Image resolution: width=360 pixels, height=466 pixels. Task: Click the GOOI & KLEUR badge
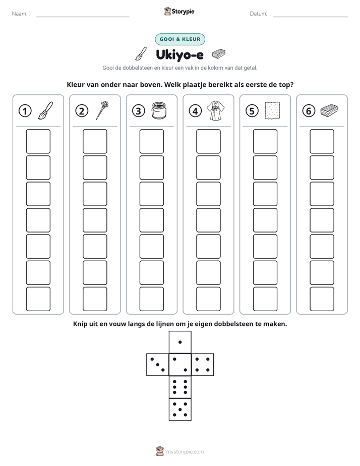pyautogui.click(x=179, y=39)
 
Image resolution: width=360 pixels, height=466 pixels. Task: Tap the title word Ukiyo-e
pyautogui.click(x=179, y=55)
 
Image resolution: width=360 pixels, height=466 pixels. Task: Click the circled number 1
pyautogui.click(x=25, y=111)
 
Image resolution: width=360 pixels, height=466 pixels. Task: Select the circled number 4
pyautogui.click(x=195, y=111)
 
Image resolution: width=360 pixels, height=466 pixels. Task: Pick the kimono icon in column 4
pyautogui.click(x=216, y=110)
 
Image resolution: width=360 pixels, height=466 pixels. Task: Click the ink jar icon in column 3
pyautogui.click(x=159, y=110)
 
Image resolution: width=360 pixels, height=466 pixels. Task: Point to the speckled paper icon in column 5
pyautogui.click(x=272, y=110)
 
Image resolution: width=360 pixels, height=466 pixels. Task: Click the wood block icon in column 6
pyautogui.click(x=329, y=110)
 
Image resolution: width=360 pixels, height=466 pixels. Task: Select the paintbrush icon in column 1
pyautogui.click(x=45, y=110)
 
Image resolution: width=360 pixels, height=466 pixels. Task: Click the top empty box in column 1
pyautogui.click(x=38, y=141)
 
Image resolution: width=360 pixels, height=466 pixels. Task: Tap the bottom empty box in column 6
pyautogui.click(x=322, y=299)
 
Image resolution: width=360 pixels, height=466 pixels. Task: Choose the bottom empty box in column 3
pyautogui.click(x=151, y=299)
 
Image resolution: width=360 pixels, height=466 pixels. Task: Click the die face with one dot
pyautogui.click(x=180, y=342)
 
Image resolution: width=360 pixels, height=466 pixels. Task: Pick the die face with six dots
pyautogui.click(x=180, y=387)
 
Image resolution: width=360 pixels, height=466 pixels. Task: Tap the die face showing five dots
pyautogui.click(x=180, y=410)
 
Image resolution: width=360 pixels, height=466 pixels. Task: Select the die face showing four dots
pyautogui.click(x=203, y=365)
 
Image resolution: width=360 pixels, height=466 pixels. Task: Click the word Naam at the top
pyautogui.click(x=20, y=14)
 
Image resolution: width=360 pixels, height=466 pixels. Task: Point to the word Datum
pyautogui.click(x=259, y=14)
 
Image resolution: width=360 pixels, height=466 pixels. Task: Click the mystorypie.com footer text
pyautogui.click(x=185, y=452)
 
